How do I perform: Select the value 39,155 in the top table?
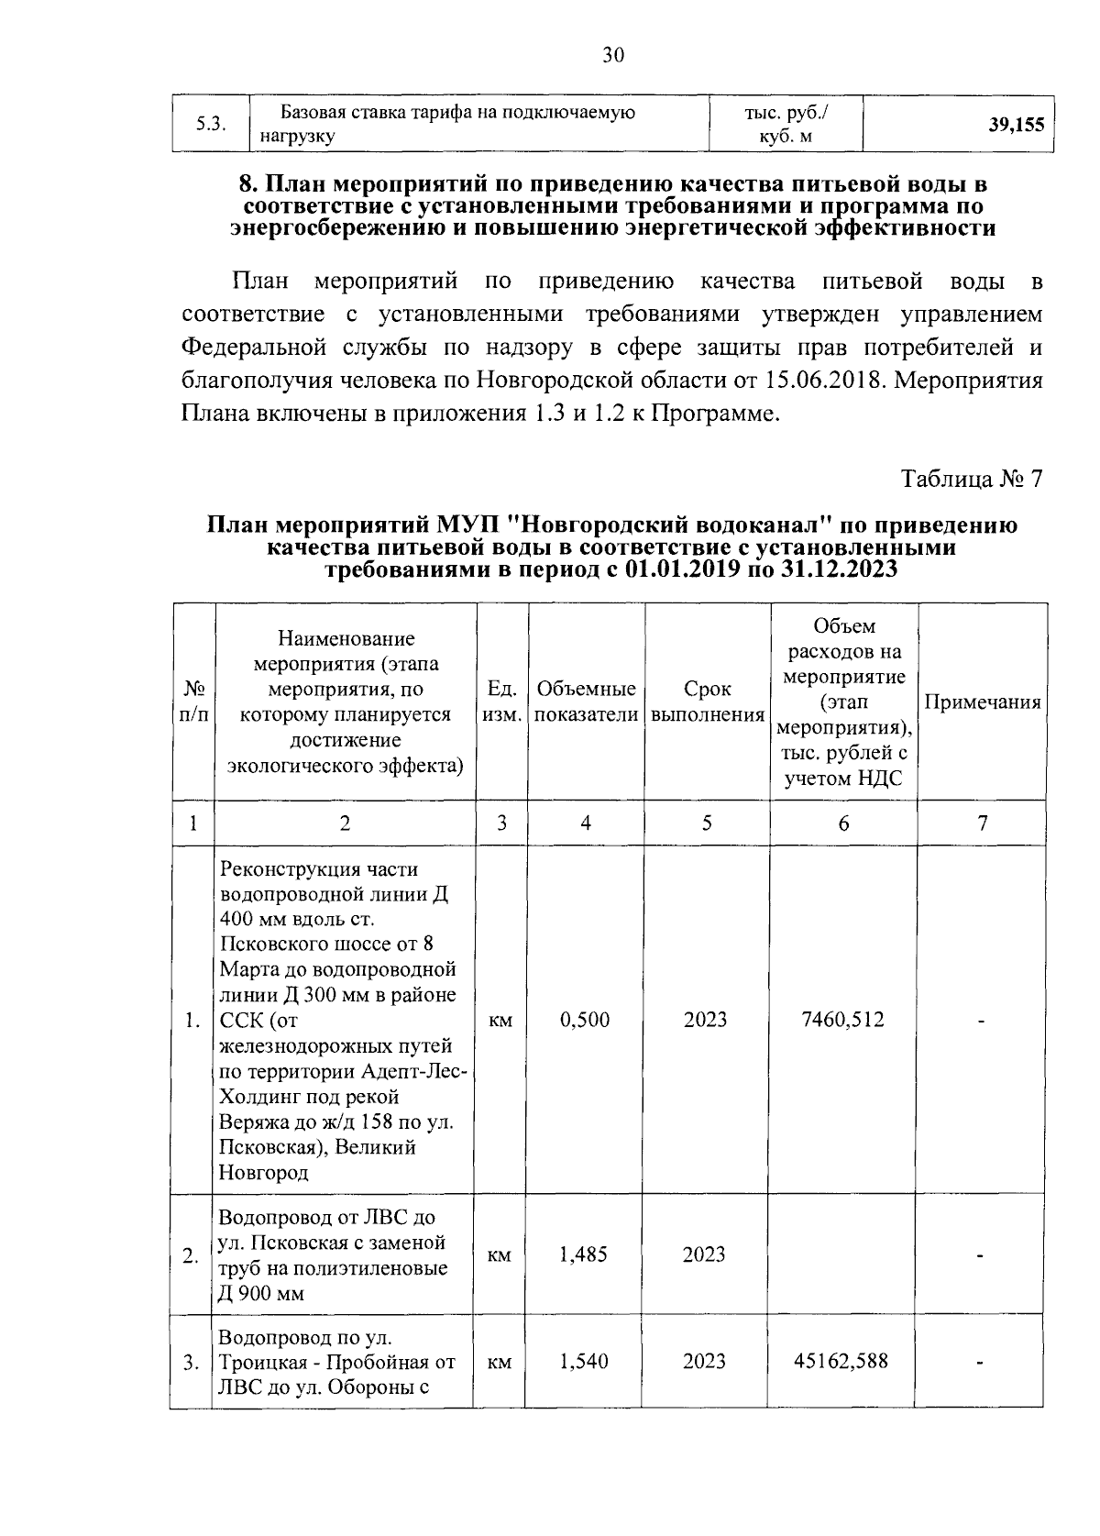(1016, 126)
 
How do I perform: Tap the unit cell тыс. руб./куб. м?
(786, 125)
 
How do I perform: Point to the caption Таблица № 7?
(972, 480)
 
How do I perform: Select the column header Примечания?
(982, 702)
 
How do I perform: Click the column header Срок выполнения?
(708, 702)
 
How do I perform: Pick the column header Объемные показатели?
(586, 702)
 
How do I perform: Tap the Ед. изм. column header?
(501, 702)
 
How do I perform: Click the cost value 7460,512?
(842, 1020)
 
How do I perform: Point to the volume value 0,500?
(585, 1020)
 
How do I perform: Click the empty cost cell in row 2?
(842, 1254)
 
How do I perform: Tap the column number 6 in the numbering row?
(843, 823)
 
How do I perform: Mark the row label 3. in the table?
(191, 1364)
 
